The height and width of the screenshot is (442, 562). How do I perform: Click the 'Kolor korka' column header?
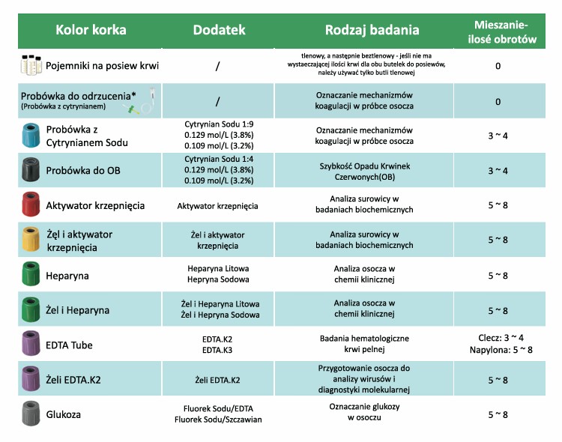point(91,30)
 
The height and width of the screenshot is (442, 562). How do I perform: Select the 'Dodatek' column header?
point(219,30)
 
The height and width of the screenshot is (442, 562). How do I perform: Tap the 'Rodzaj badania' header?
point(372,30)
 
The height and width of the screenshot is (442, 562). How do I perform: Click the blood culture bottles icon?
point(30,65)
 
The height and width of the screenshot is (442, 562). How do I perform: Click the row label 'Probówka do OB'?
point(82,171)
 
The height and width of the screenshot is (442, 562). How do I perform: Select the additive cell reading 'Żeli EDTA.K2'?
point(217,380)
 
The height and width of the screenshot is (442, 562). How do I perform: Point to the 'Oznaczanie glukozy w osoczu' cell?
point(371,413)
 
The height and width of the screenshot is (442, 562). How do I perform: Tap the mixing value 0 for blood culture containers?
point(498,66)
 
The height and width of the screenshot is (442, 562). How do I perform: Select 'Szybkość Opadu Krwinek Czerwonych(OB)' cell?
point(371,171)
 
